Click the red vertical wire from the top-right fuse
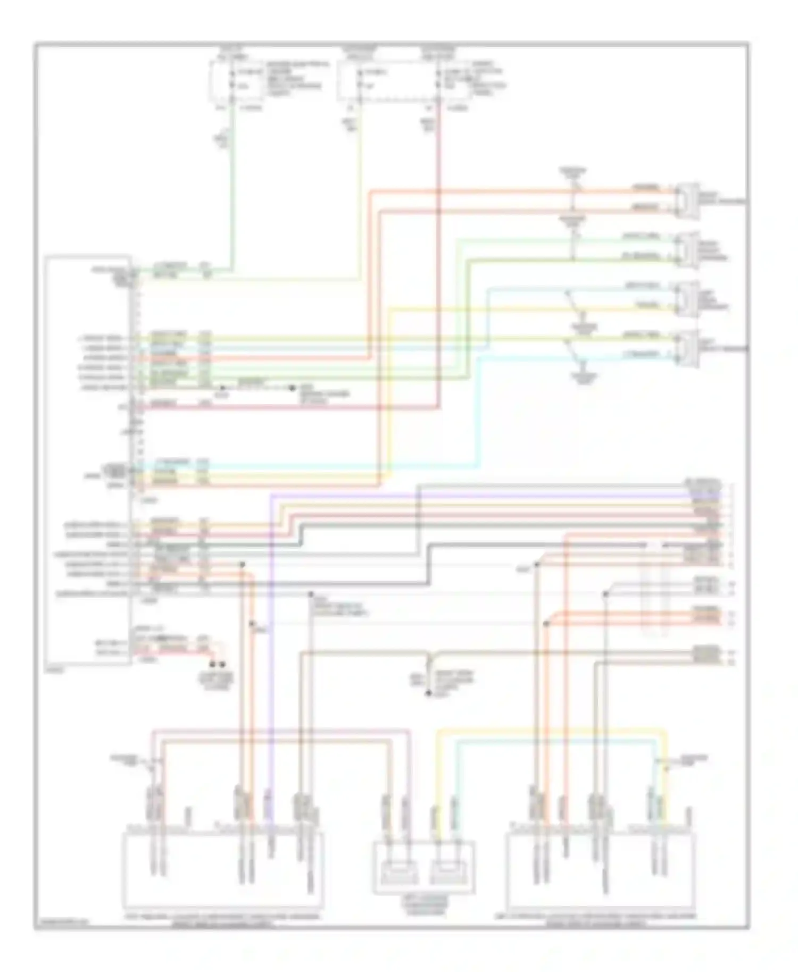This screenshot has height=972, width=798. [439, 266]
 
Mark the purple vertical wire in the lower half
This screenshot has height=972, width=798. [271, 638]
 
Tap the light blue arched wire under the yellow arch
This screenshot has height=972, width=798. [553, 740]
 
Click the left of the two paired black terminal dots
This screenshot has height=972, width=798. [213, 665]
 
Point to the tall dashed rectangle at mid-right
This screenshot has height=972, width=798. [653, 590]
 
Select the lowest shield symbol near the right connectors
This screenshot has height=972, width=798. [584, 376]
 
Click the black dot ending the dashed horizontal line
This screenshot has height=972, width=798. [292, 388]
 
